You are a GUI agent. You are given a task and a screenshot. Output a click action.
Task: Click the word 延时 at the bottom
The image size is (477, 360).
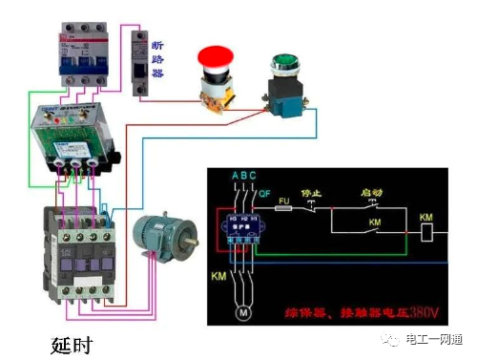coord(72,341)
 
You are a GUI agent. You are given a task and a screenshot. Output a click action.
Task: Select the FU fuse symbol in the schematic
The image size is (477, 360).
coord(283,205)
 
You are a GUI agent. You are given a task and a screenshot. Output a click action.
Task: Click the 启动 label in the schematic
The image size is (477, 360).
coord(372,191)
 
